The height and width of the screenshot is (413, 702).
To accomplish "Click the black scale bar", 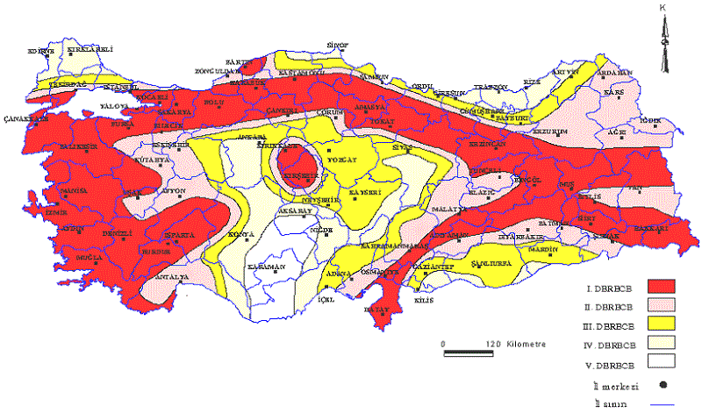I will tap(471, 352).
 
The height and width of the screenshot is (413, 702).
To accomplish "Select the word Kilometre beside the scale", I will tap(524, 344).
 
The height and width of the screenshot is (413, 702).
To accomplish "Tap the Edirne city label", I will tap(42, 50).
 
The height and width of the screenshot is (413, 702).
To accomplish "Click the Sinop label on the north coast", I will tap(338, 43).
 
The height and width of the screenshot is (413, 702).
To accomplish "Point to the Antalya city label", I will tap(171, 277).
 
